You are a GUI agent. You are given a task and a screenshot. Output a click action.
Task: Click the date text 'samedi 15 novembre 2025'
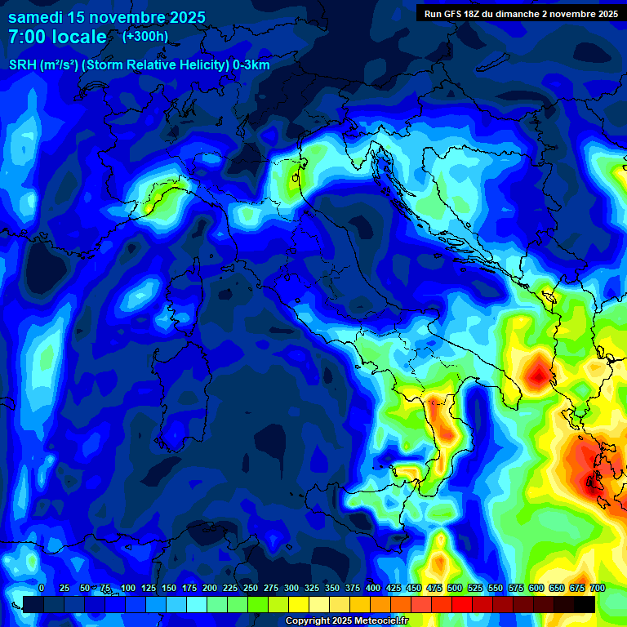click(107, 17)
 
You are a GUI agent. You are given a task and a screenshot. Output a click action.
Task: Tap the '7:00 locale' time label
click(57, 37)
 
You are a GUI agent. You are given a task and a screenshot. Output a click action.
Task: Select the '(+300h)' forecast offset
click(145, 36)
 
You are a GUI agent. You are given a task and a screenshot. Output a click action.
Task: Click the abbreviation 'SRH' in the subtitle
click(24, 65)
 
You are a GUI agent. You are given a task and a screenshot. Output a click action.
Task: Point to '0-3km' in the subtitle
click(251, 65)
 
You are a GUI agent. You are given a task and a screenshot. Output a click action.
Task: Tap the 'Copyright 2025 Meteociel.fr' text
click(347, 621)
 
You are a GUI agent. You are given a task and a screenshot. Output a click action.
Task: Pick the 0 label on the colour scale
click(42, 588)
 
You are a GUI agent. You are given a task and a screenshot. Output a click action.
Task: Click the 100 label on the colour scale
click(128, 588)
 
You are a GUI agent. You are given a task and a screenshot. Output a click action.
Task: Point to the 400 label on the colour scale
click(373, 588)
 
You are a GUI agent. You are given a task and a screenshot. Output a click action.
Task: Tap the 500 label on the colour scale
click(455, 588)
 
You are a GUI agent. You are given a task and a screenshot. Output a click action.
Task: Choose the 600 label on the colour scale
click(536, 588)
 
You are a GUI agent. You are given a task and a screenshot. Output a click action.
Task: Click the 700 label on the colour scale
click(598, 588)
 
